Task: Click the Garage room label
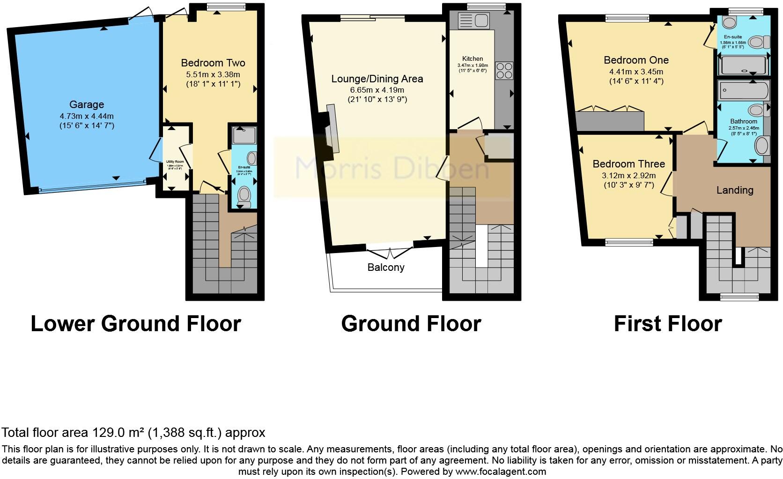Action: point(87,105)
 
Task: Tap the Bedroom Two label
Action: point(213,63)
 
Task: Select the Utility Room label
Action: point(175,162)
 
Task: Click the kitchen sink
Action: point(473,21)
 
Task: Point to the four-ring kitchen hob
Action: point(504,71)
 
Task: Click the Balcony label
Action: point(386,268)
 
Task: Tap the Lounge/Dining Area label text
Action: point(377,79)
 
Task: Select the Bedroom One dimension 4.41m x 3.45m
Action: point(636,72)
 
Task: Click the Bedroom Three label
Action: point(628,164)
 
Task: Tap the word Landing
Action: point(735,190)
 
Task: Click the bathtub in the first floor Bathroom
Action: point(744,90)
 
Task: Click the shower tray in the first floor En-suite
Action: point(743,65)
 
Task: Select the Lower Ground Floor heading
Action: point(136,324)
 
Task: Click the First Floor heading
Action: point(667,324)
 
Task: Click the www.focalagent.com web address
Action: point(500,472)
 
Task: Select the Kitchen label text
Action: point(472,59)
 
